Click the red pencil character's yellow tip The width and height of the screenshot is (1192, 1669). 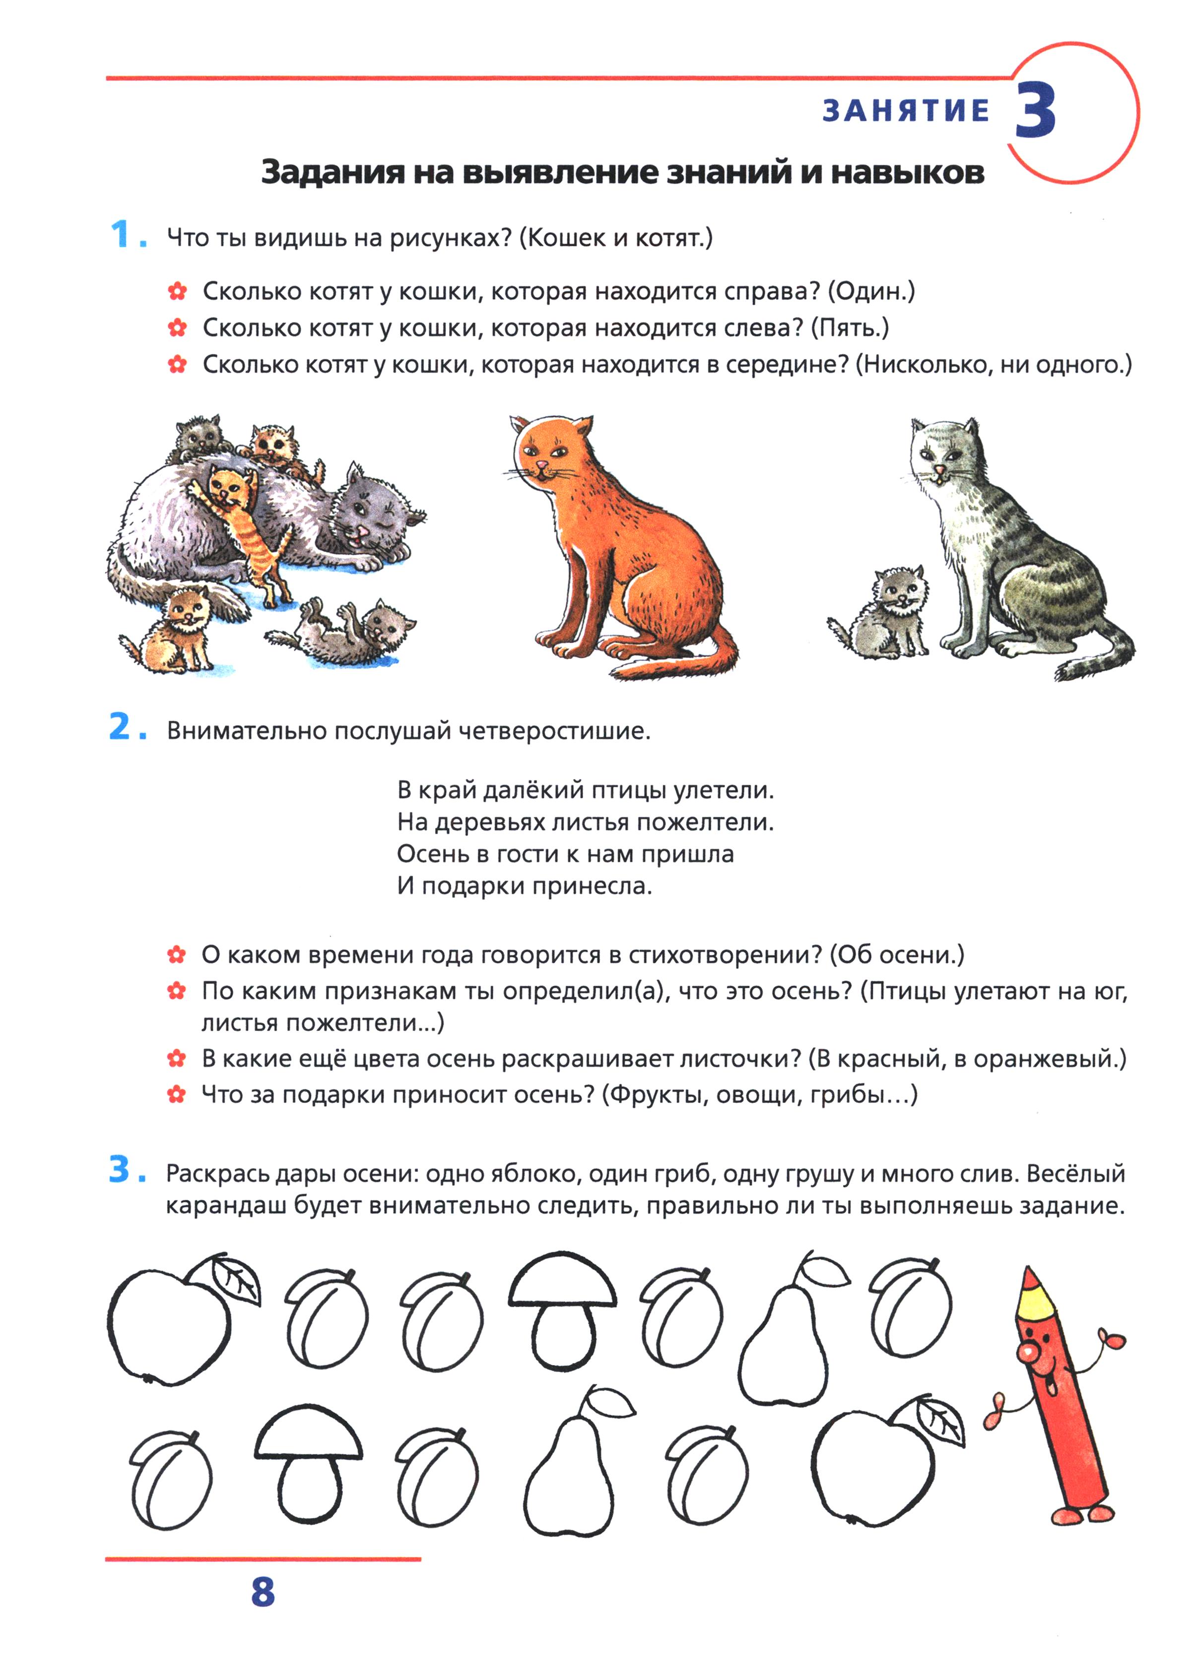tap(1032, 1292)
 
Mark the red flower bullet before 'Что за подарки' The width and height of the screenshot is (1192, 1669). tap(176, 1095)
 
